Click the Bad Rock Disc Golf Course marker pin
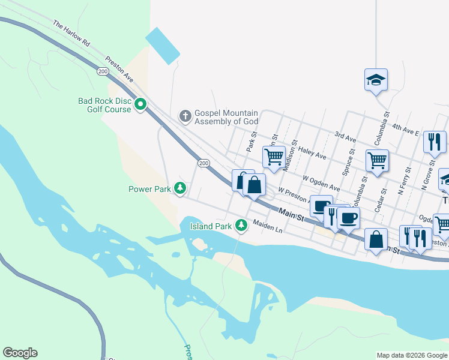coord(141,105)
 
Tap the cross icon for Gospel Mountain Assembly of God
coord(185,115)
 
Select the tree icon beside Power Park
coord(179,188)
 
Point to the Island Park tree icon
coord(241,226)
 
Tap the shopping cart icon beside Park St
coord(274,157)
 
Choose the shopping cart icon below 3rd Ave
coord(377,161)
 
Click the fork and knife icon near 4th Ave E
coord(434,142)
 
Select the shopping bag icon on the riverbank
coord(376,239)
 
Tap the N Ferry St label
coord(403,185)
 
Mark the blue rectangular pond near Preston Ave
coord(162,46)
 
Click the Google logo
coord(20,353)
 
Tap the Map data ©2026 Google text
coord(411,355)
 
